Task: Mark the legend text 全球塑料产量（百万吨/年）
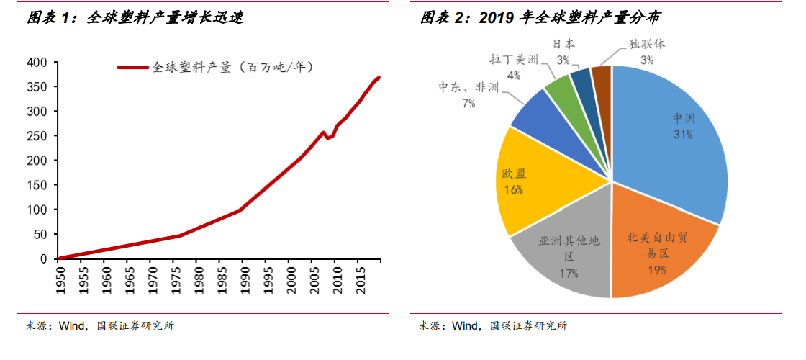[x=234, y=68]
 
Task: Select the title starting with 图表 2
[x=540, y=17]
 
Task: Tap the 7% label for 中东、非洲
[x=469, y=104]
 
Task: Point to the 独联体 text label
[x=647, y=44]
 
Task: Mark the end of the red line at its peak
[x=379, y=78]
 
